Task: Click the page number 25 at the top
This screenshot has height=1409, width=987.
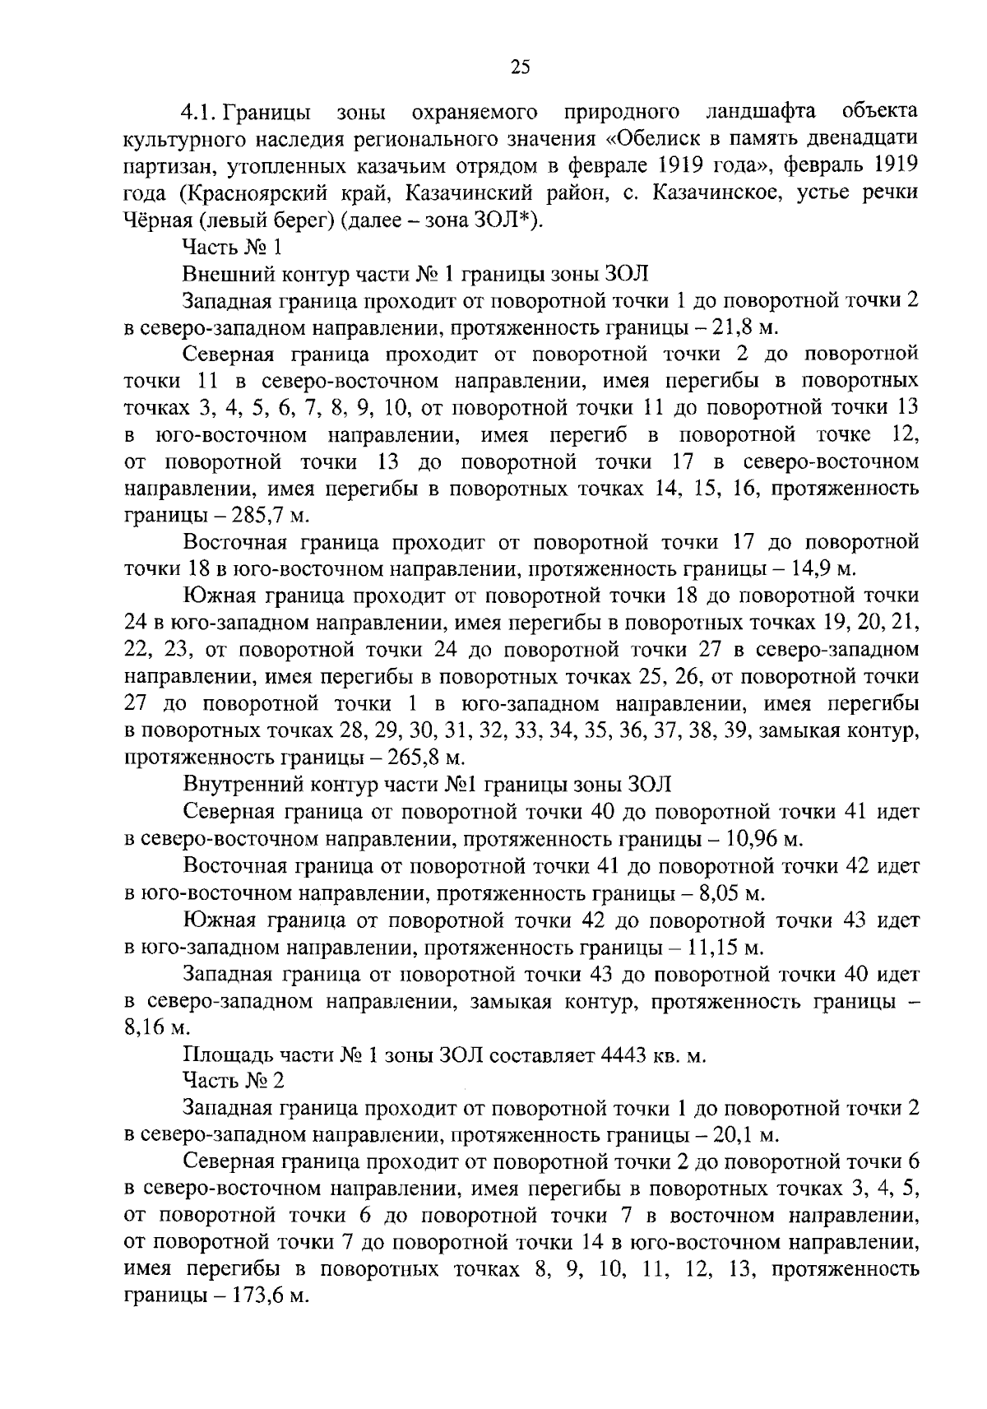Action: [x=521, y=68]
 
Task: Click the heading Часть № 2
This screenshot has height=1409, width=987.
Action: [x=234, y=1081]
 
